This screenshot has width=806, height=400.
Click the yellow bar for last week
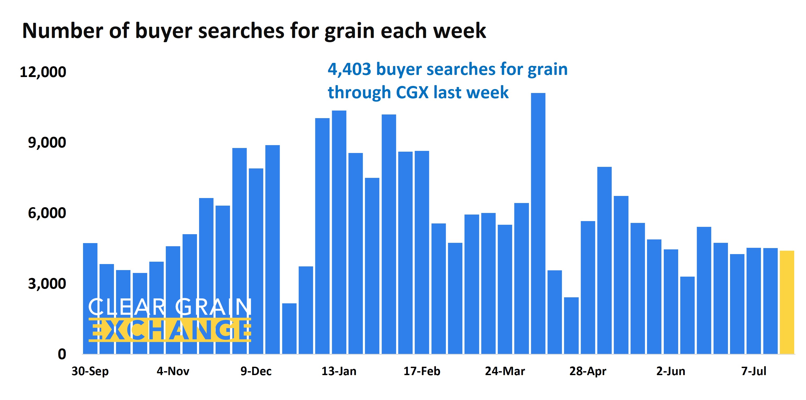click(787, 302)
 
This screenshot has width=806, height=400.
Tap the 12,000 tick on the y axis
click(43, 72)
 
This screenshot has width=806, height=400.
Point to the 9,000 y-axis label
click(47, 143)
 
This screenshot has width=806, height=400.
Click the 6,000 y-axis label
click(47, 213)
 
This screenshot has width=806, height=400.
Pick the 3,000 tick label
click(47, 284)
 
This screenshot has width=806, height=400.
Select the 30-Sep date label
click(90, 371)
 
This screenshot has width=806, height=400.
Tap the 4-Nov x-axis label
click(173, 371)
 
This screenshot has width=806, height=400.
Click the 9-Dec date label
click(256, 371)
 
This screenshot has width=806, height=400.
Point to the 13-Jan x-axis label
click(339, 371)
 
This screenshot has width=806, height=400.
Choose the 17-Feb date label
click(422, 371)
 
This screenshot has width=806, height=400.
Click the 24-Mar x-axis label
click(505, 371)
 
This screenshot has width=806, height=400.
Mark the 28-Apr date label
click(588, 371)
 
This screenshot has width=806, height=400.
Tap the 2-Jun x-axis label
click(671, 371)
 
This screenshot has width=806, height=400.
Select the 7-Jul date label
click(753, 371)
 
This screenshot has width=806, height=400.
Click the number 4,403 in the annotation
click(349, 69)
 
